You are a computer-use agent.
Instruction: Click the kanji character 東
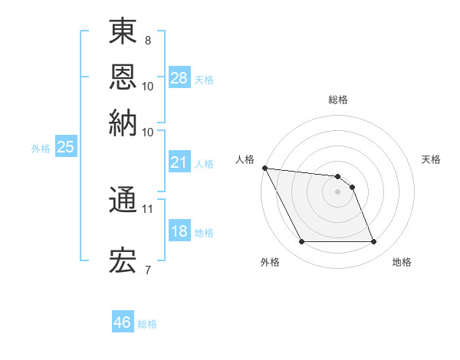tap(123, 31)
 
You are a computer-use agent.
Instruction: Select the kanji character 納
tap(123, 122)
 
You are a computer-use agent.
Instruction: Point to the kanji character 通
tap(123, 200)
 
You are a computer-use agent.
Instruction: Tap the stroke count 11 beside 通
tap(148, 208)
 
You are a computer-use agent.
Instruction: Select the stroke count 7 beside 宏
tap(148, 270)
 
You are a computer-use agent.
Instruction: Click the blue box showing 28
tap(179, 77)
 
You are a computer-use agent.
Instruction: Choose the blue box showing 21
tap(179, 162)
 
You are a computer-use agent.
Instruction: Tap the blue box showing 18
tap(179, 231)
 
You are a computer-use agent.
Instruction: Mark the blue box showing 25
tap(65, 148)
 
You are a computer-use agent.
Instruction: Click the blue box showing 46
tap(123, 322)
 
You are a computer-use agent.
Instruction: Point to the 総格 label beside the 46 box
tap(147, 324)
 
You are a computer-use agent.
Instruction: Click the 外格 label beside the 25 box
tap(41, 149)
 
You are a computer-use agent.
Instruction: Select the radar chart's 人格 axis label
tap(245, 159)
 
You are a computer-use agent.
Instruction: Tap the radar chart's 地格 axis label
tap(402, 262)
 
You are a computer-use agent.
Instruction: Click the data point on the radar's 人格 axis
tap(264, 168)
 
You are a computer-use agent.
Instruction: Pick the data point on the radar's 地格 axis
tap(374, 242)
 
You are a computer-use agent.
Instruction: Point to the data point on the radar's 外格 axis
tap(302, 242)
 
